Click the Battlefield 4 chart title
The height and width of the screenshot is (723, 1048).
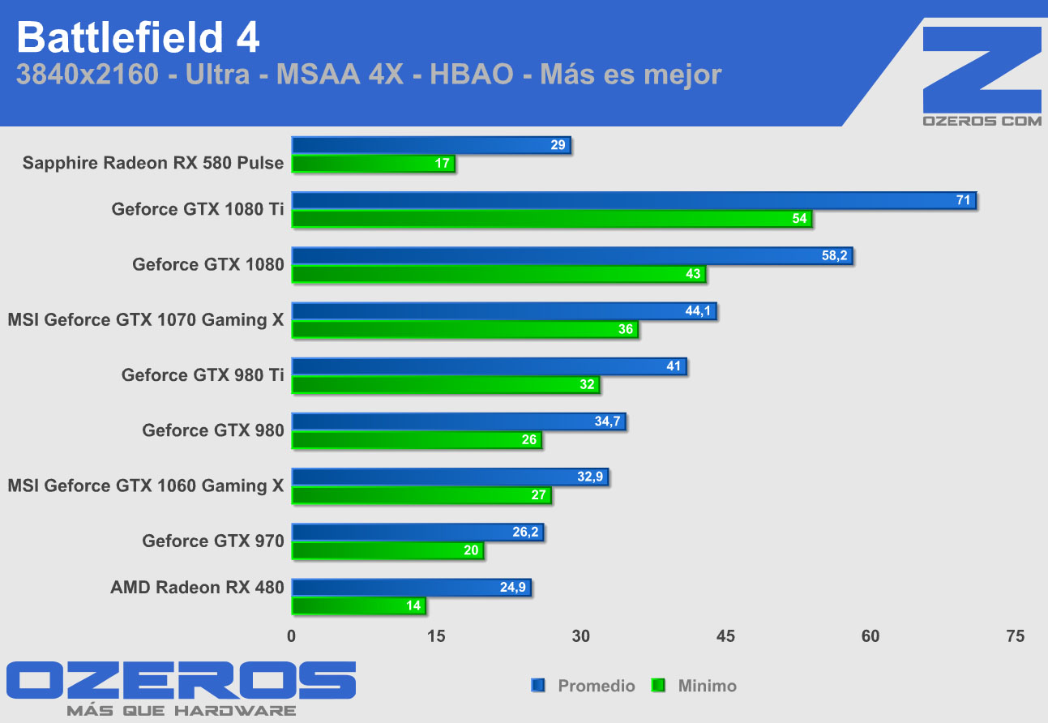pyautogui.click(x=138, y=36)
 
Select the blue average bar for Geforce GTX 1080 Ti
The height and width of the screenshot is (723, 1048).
pyautogui.click(x=632, y=201)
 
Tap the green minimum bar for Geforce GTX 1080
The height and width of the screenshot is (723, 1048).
pyautogui.click(x=498, y=274)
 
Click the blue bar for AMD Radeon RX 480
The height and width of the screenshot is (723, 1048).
pyautogui.click(x=410, y=588)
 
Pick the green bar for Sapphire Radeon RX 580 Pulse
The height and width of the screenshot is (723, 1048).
pyautogui.click(x=373, y=164)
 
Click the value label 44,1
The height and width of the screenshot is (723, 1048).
pyautogui.click(x=698, y=311)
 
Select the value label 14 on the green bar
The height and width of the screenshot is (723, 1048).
pyautogui.click(x=413, y=605)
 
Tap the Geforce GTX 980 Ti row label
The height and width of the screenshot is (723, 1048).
pyautogui.click(x=203, y=375)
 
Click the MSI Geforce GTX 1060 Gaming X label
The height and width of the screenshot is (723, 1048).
pyautogui.click(x=146, y=486)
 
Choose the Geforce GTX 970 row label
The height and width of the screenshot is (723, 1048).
pyautogui.click(x=213, y=541)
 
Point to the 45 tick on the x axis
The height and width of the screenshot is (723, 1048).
pyautogui.click(x=725, y=636)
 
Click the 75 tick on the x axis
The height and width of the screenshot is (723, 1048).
pyautogui.click(x=1015, y=636)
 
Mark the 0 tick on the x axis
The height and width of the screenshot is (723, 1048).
pyautogui.click(x=292, y=636)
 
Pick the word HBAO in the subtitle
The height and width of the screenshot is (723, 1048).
pyautogui.click(x=471, y=75)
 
